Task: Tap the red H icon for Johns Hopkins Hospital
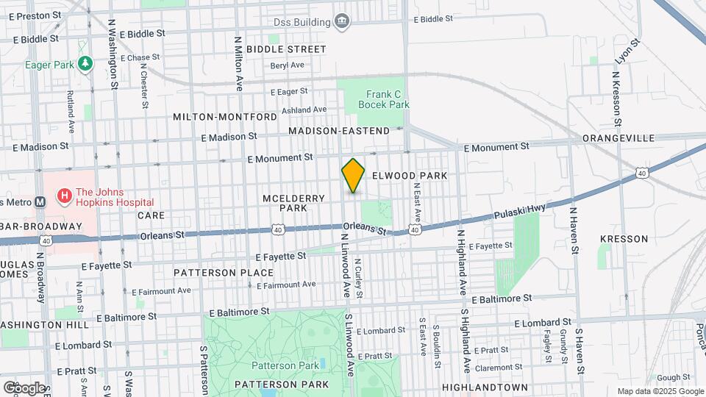pyautogui.click(x=65, y=196)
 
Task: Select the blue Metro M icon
pyautogui.click(x=40, y=202)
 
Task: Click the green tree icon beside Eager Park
pyautogui.click(x=86, y=65)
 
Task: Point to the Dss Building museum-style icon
pyautogui.click(x=341, y=22)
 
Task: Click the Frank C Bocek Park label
pyautogui.click(x=383, y=99)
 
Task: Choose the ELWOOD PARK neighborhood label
pyautogui.click(x=409, y=176)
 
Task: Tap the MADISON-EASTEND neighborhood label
pyautogui.click(x=338, y=131)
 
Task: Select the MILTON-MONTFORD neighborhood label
pyautogui.click(x=224, y=117)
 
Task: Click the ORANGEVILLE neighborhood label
pyautogui.click(x=618, y=138)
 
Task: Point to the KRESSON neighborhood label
pyautogui.click(x=624, y=239)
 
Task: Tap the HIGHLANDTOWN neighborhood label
pyautogui.click(x=485, y=387)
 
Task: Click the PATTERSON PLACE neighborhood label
pyautogui.click(x=213, y=273)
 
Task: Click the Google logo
pyautogui.click(x=24, y=387)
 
